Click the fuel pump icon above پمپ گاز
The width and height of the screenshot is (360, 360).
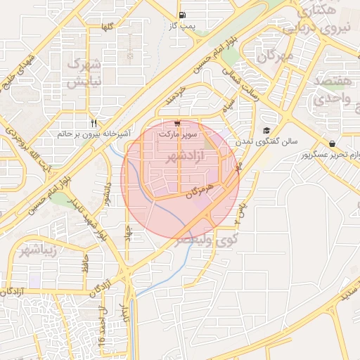pos(183,15)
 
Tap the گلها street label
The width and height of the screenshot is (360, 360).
pos(108,27)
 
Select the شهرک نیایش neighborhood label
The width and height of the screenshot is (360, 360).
pos(84,72)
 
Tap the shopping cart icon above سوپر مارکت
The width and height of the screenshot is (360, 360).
pos(176,122)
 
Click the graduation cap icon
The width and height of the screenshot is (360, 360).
pos(266,130)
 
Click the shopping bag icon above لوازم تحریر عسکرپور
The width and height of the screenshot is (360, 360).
pos(332,143)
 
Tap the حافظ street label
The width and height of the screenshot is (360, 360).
pos(84,266)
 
